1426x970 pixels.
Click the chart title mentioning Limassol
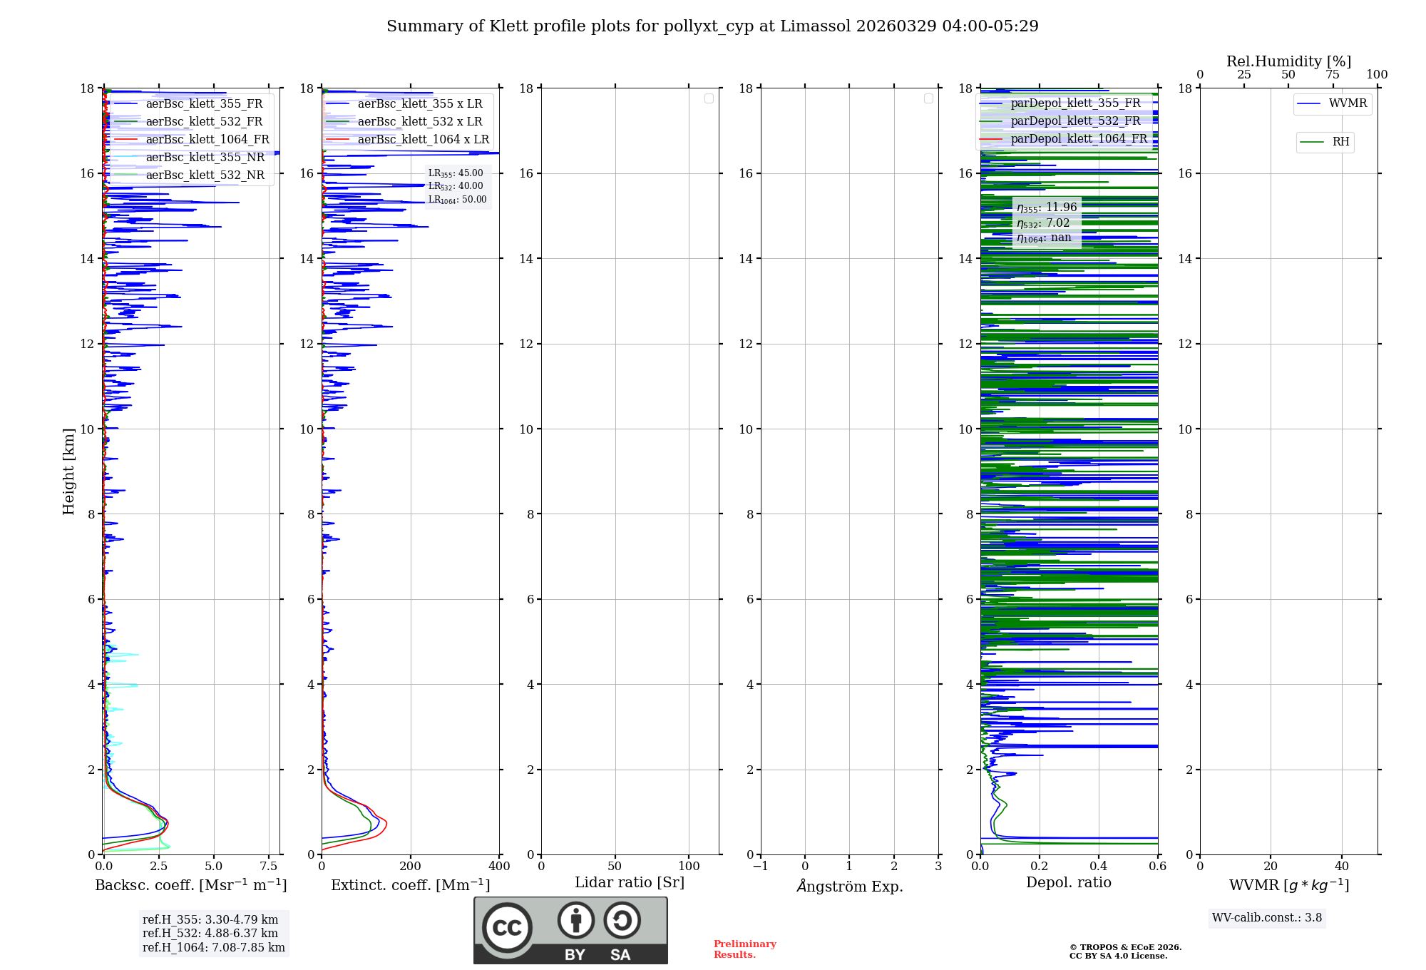pos(712,26)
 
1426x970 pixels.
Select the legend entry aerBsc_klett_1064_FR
pos(207,140)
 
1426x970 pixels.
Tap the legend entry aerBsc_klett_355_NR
pos(205,158)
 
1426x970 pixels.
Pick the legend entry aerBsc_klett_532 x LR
pos(420,122)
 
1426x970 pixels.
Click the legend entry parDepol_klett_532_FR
pos(1075,121)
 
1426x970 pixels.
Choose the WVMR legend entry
pos(1348,103)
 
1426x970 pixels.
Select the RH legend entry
pos(1340,142)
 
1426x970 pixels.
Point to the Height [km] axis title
pos(68,471)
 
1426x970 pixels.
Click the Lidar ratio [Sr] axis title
pos(630,883)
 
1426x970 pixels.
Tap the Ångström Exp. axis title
pos(849,887)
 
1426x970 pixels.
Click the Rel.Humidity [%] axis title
pos(1288,61)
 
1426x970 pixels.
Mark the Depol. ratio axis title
pos(1068,883)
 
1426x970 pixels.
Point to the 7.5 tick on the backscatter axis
pos(269,867)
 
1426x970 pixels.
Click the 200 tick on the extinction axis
pos(411,867)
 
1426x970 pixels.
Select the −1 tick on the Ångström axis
pos(761,867)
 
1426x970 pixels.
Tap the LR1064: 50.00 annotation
pos(457,200)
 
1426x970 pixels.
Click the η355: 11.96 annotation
pos(1047,208)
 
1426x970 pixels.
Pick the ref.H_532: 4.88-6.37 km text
pos(210,934)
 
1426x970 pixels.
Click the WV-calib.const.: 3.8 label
pos(1267,918)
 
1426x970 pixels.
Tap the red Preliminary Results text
pos(744,949)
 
